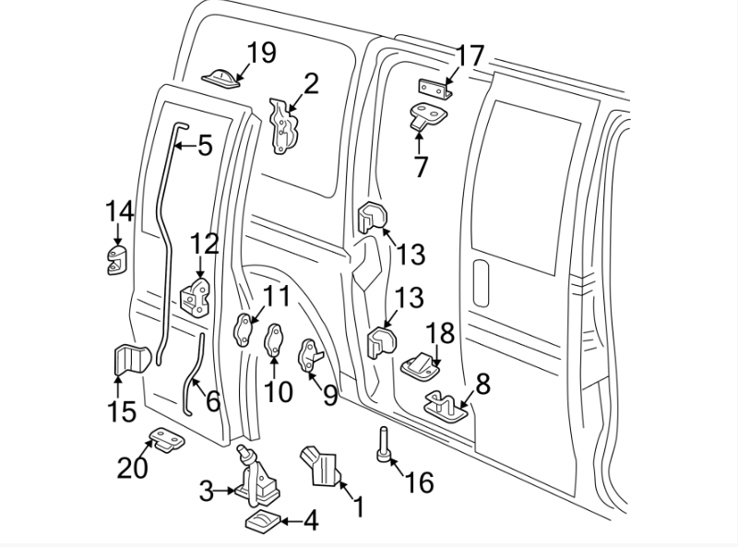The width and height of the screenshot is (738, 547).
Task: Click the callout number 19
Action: click(x=261, y=53)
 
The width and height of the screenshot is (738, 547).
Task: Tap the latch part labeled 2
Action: click(x=284, y=126)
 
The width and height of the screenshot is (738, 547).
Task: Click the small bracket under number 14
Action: click(x=117, y=260)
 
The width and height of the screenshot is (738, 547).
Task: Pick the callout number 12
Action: click(x=205, y=244)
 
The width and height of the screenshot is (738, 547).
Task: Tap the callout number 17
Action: click(x=470, y=56)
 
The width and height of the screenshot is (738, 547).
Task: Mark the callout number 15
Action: click(x=122, y=410)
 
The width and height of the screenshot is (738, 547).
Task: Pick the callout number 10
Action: click(x=278, y=391)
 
